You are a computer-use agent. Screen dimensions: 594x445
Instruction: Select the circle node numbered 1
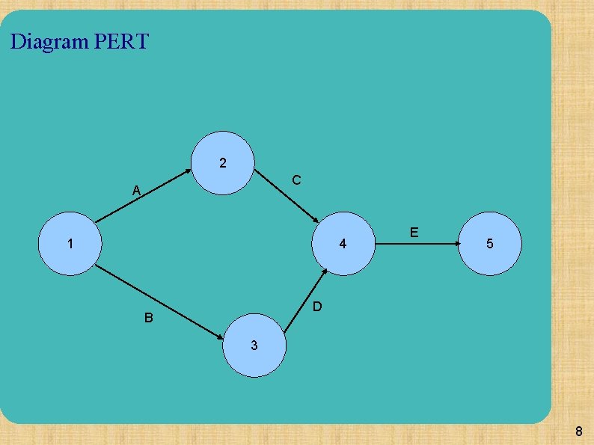point(69,244)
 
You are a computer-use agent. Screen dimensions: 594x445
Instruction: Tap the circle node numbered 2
point(223,164)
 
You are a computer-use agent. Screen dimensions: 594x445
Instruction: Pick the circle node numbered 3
point(254,345)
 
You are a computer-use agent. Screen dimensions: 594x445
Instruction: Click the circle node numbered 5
point(489,244)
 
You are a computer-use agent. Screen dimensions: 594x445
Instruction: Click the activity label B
point(149,318)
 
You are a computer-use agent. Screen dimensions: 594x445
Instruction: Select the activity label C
point(297,180)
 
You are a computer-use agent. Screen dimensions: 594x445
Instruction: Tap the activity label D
point(317,307)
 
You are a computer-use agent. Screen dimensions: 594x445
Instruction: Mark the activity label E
point(414,233)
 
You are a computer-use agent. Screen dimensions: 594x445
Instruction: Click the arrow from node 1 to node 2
point(142,197)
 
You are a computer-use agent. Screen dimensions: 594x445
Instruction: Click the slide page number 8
point(578,432)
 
